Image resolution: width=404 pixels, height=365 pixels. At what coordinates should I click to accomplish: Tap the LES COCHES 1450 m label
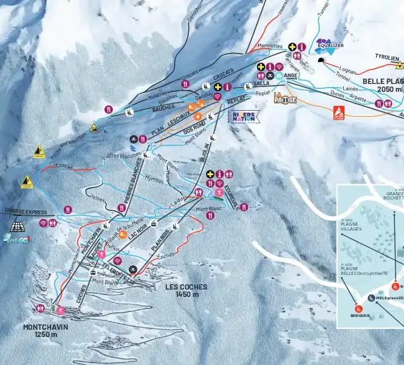[x=186, y=290]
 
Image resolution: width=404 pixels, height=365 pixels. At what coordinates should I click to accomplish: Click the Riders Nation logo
[x=244, y=116]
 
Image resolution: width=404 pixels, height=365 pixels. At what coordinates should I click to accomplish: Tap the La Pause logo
[x=284, y=98]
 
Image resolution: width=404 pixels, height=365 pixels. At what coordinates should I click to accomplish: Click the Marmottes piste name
[x=270, y=46]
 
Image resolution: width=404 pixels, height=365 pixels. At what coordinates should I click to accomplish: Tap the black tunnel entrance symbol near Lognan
[x=321, y=60]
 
